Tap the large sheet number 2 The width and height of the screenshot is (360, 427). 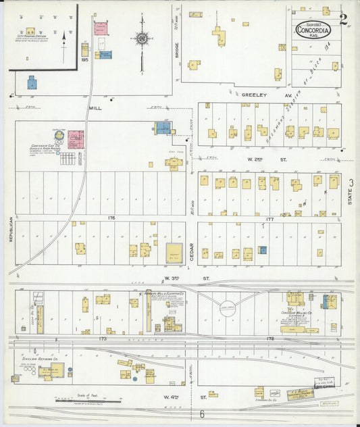(344, 18)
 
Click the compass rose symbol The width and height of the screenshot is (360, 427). (142, 38)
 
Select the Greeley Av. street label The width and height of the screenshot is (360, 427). (255, 96)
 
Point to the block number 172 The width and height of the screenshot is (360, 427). (269, 338)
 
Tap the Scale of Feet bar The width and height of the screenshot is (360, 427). (84, 401)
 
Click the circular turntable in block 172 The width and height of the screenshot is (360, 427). (228, 308)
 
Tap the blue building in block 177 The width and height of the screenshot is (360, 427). (262, 250)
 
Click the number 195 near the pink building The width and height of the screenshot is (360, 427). (84, 60)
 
